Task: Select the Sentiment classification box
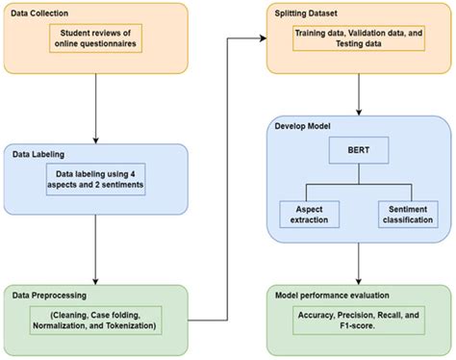pos(401,215)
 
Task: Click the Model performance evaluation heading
pos(332,294)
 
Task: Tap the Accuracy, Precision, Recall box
pos(358,321)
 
